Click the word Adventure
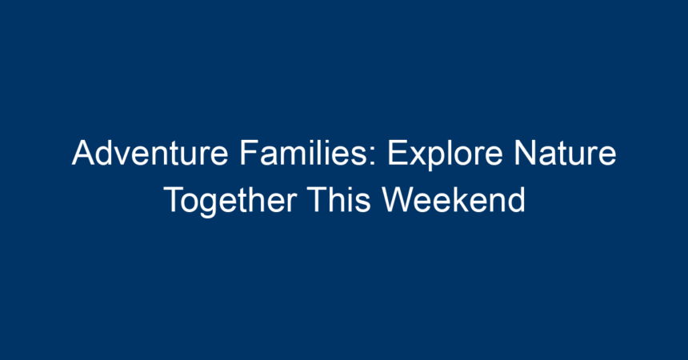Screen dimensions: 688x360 tap(150, 153)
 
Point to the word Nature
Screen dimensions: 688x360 tap(565, 153)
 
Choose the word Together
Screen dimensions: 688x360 tap(231, 202)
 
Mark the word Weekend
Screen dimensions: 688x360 tap(454, 199)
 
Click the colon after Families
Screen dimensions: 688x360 tap(373, 157)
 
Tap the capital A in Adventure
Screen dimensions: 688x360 tap(83, 153)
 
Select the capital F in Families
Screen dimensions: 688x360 tap(249, 153)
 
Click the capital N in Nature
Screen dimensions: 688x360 tap(525, 153)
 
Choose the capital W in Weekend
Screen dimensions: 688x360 tap(398, 200)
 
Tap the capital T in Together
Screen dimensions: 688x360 tap(175, 200)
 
